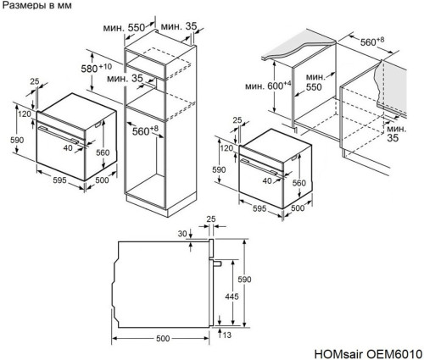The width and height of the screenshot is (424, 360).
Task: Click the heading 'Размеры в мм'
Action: point(36,7)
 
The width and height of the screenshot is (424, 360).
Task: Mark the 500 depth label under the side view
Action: point(163,339)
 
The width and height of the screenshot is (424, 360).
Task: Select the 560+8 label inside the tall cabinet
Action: point(146,130)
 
